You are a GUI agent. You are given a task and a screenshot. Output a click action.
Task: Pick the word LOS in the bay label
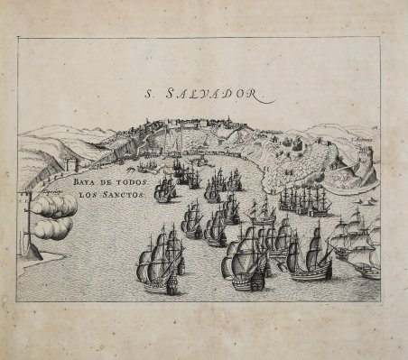point(88,194)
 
